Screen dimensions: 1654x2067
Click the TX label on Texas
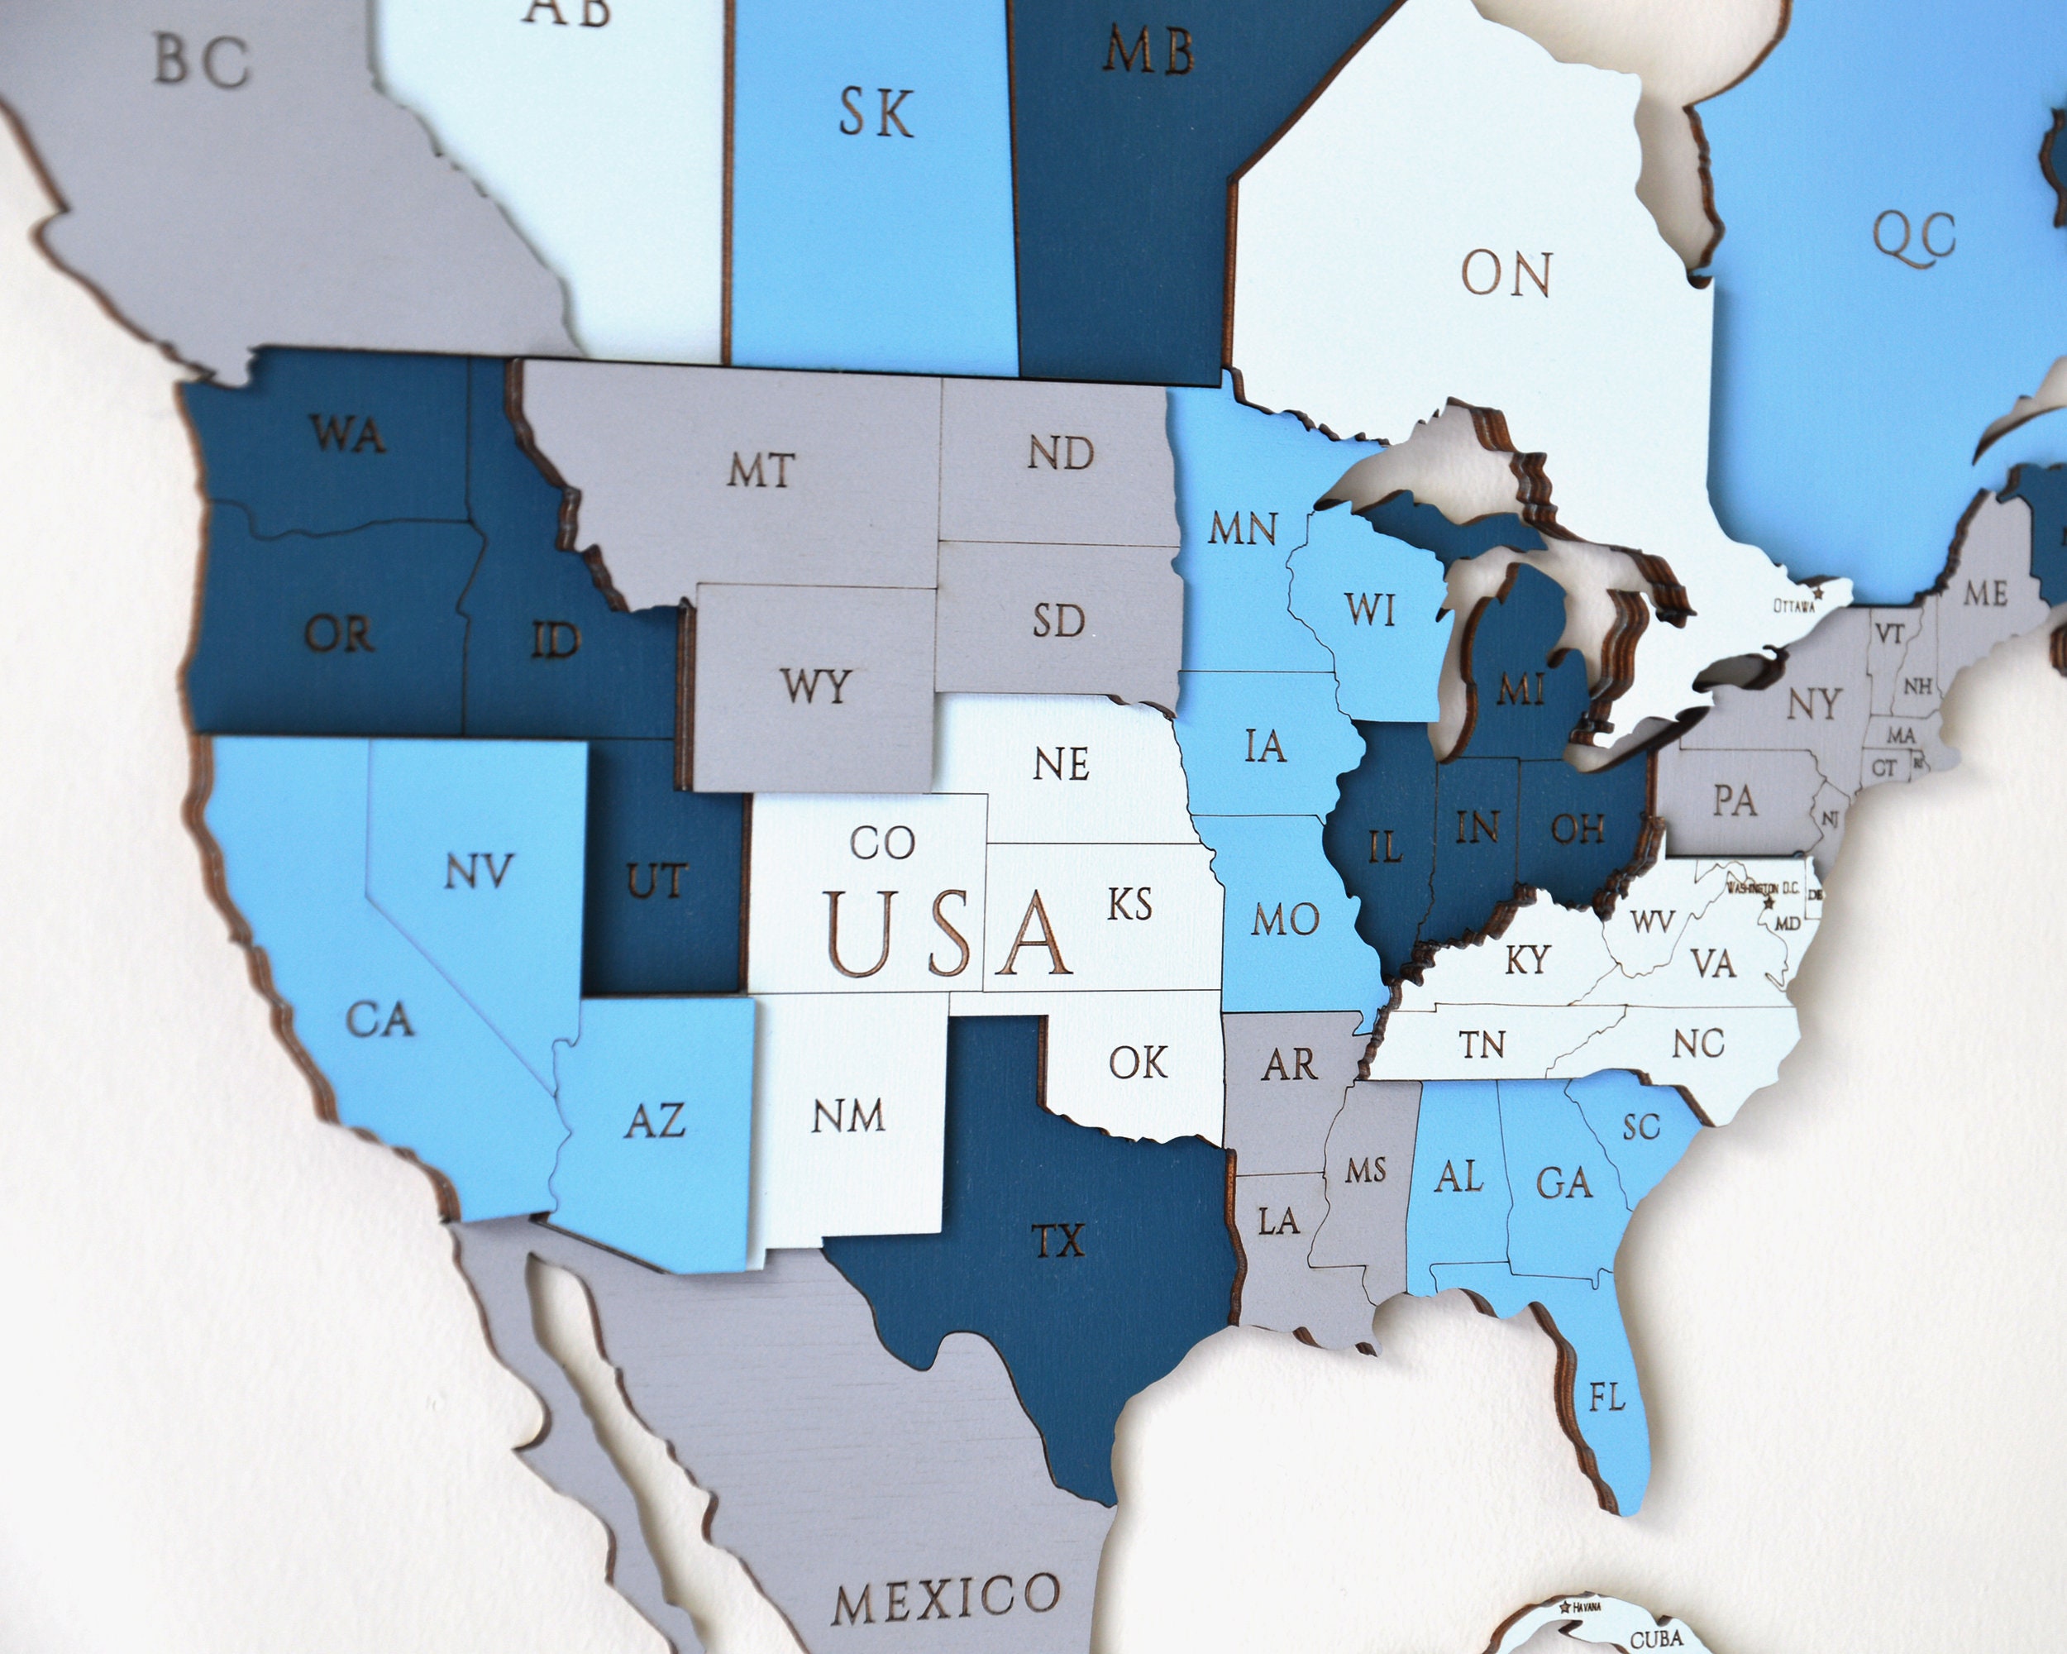[x=1057, y=1240]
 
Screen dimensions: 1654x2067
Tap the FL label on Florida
[x=1606, y=1397]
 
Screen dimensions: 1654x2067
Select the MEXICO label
[x=945, y=1598]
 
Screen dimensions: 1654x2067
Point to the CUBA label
[x=1657, y=1638]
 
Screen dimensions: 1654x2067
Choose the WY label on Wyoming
[x=815, y=686]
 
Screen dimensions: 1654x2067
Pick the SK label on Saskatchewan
[x=876, y=113]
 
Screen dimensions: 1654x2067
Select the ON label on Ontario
[x=1506, y=275]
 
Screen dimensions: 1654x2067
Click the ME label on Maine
[x=1985, y=593]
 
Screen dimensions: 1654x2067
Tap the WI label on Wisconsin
[x=1369, y=609]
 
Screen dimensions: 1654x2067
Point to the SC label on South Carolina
[x=1641, y=1126]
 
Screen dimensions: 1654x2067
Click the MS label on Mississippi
[x=1365, y=1169]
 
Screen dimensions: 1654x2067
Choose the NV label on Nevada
[x=479, y=872]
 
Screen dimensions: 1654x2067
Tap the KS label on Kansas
[x=1129, y=904]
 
